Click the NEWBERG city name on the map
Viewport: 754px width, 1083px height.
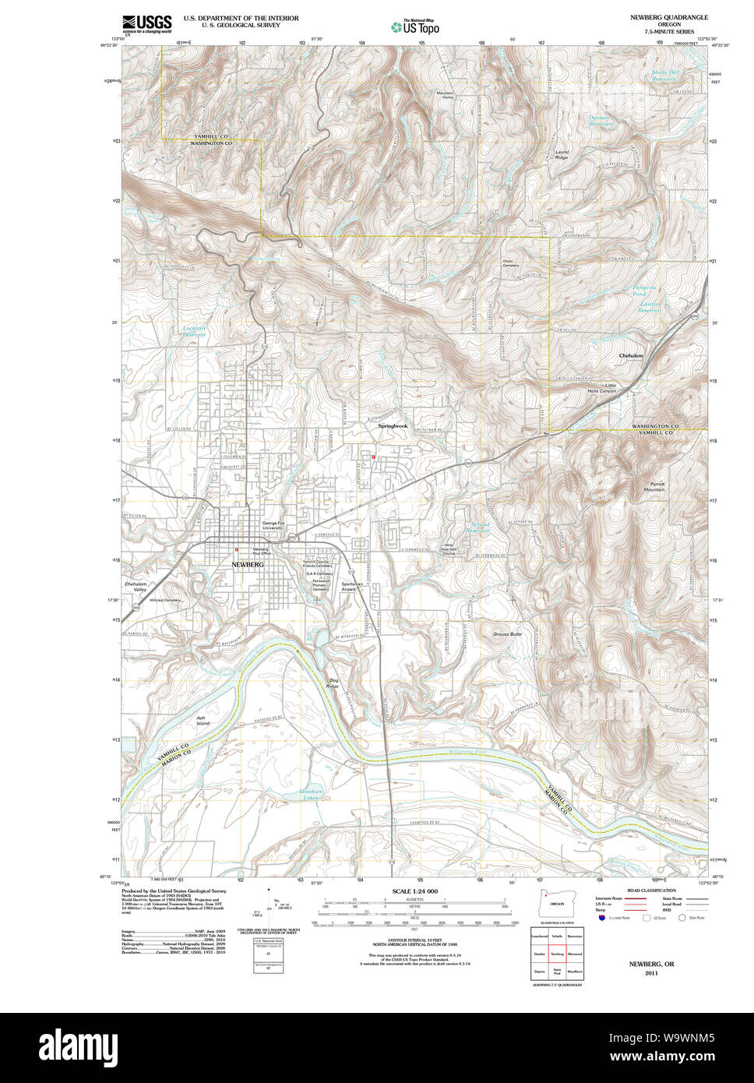[248, 564]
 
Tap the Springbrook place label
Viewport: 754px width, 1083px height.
[393, 426]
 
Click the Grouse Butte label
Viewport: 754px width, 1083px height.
[507, 634]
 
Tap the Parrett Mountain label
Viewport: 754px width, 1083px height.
[654, 486]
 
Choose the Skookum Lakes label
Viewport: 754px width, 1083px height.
[311, 795]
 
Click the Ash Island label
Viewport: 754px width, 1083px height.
[203, 721]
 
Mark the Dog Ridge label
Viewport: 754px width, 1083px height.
[333, 683]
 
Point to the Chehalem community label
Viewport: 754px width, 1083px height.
[631, 355]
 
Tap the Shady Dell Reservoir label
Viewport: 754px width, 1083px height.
[664, 76]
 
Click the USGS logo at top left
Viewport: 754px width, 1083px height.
[146, 23]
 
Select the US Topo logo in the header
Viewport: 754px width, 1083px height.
[416, 26]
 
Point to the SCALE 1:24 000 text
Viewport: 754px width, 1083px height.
[414, 891]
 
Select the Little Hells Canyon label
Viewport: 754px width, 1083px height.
[601, 388]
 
